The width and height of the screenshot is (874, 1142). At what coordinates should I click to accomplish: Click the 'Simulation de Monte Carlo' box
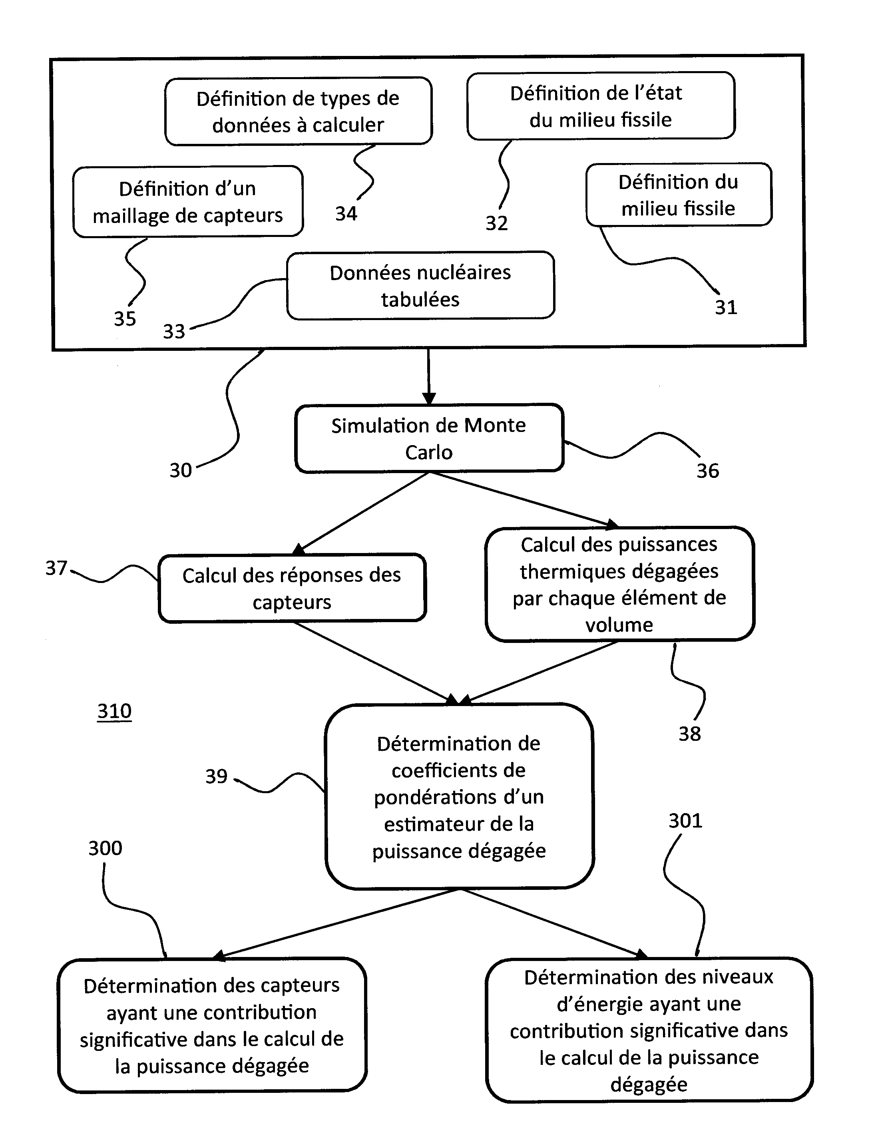429,438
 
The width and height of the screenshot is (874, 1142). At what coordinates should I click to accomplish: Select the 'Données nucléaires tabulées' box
420,285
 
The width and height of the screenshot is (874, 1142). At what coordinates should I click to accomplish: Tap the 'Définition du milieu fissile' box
679,195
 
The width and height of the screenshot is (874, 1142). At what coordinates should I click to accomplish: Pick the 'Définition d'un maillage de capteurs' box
188,202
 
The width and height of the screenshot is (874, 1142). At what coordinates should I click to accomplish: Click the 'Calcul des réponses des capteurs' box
292,588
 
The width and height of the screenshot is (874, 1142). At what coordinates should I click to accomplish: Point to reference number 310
114,711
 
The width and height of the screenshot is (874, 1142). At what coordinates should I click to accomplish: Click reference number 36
707,471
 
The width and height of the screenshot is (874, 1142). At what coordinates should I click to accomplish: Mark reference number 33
174,331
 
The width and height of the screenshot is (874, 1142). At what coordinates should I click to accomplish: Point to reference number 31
726,307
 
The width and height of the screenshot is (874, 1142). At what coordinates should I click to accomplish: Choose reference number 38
689,734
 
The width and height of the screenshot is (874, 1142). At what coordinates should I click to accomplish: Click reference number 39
217,776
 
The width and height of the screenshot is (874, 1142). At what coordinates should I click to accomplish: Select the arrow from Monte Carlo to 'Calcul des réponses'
364,512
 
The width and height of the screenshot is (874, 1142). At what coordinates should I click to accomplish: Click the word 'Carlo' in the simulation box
429,452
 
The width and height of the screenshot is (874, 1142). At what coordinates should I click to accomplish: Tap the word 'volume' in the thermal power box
619,624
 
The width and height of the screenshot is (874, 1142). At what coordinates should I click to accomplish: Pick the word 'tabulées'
420,300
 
